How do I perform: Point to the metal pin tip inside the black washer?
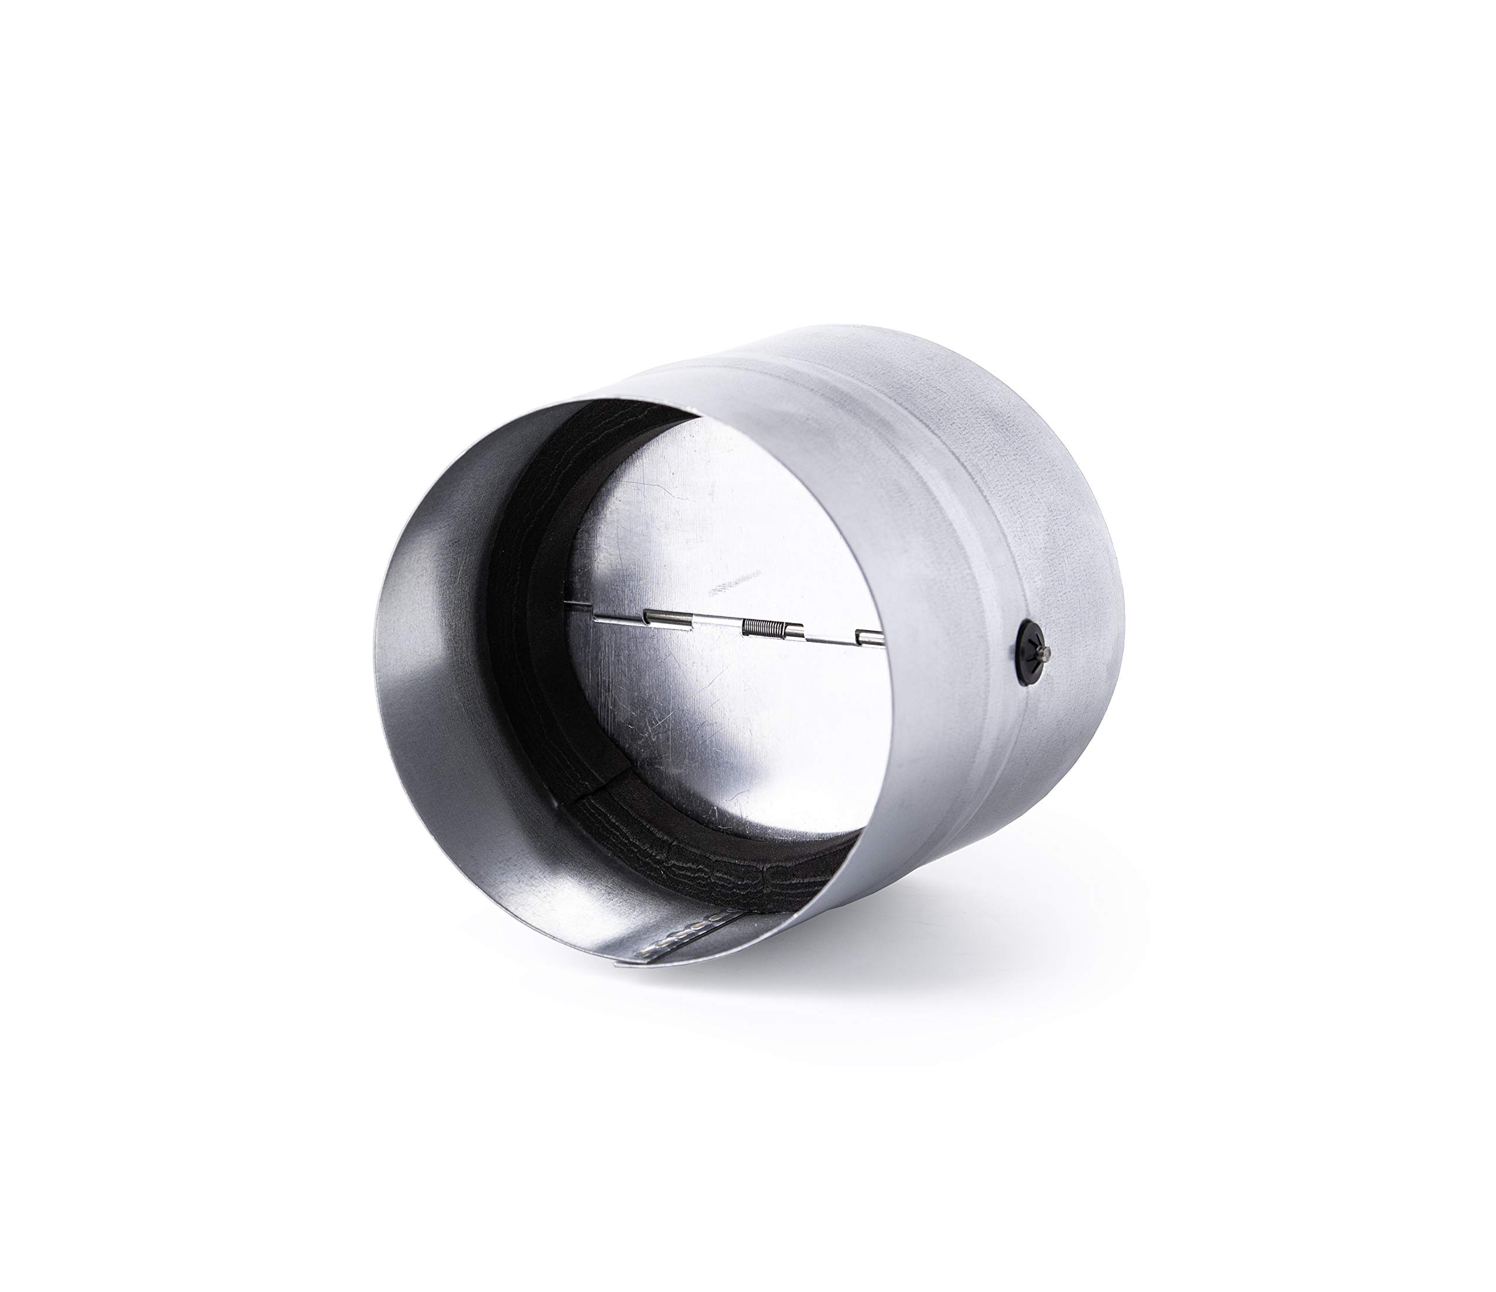[1037, 638]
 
